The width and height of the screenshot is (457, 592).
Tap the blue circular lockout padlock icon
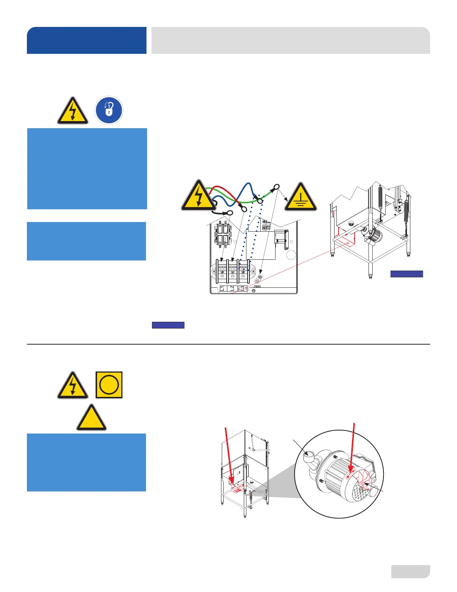(x=109, y=110)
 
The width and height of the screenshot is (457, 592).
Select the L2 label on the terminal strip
(x=232, y=289)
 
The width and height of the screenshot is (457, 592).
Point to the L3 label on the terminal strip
(x=242, y=289)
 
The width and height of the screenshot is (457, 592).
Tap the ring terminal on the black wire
(x=229, y=213)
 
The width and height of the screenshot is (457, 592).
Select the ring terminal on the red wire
(x=243, y=208)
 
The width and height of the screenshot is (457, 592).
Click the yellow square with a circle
(x=109, y=385)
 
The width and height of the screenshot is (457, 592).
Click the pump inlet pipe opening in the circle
(x=309, y=455)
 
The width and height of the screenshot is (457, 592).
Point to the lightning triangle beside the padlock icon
(x=73, y=112)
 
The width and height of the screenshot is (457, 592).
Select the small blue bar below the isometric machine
(x=407, y=274)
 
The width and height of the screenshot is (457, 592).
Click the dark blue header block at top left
(x=87, y=40)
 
